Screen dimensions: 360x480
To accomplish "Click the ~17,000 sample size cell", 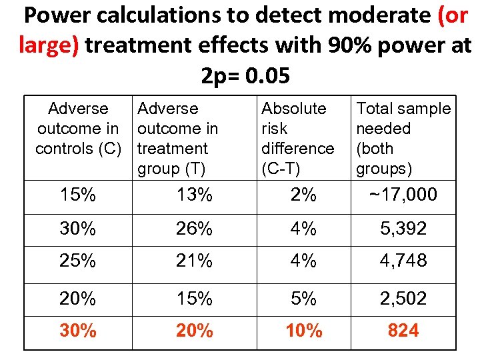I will click(x=403, y=195).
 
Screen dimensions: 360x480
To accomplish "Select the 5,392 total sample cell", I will click(x=403, y=229).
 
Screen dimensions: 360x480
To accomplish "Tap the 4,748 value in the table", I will click(x=403, y=261).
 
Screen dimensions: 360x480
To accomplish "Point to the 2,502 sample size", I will click(x=403, y=299).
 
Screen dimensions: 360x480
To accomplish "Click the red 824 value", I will click(x=403, y=331).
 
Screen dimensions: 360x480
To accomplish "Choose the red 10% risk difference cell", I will click(x=303, y=331).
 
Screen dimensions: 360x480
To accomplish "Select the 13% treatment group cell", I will click(x=194, y=195).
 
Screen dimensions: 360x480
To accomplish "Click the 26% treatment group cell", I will click(x=194, y=229).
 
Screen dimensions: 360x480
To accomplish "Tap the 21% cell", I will click(x=194, y=261).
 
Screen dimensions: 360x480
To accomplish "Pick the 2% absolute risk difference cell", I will click(x=303, y=195).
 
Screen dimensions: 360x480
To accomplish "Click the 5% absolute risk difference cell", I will click(x=303, y=299).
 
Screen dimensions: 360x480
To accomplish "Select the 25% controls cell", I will click(x=78, y=261).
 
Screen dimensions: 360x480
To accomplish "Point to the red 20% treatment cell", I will click(x=194, y=331).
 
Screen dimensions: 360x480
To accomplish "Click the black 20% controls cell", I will click(x=78, y=299).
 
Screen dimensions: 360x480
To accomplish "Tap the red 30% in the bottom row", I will click(x=78, y=331).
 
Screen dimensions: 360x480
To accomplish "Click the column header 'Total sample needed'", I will click(x=403, y=138).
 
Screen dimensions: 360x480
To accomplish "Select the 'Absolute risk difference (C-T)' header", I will click(x=297, y=138).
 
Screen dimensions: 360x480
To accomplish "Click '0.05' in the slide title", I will click(x=267, y=76).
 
